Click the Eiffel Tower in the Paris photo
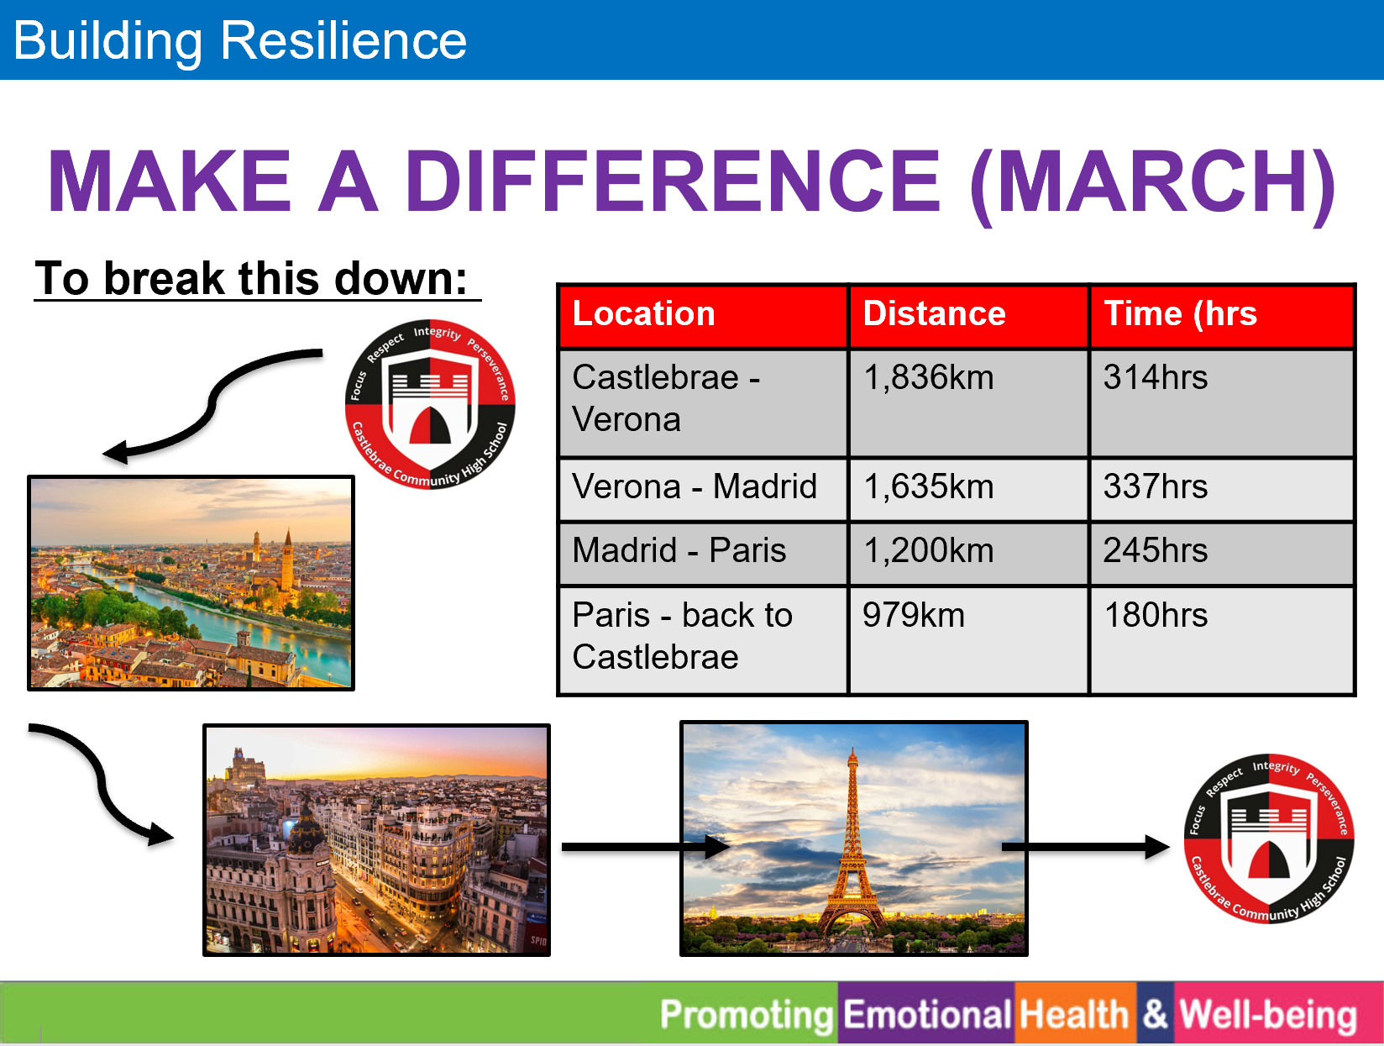tap(852, 848)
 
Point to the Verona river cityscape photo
tap(191, 582)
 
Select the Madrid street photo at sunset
tap(376, 840)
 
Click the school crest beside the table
tap(430, 404)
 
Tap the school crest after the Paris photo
tap(1269, 838)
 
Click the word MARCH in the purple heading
tap(1152, 181)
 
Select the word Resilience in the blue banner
tap(343, 40)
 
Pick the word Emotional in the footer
tap(927, 1014)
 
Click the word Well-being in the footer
tap(1268, 1016)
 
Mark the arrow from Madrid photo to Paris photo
tap(645, 847)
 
